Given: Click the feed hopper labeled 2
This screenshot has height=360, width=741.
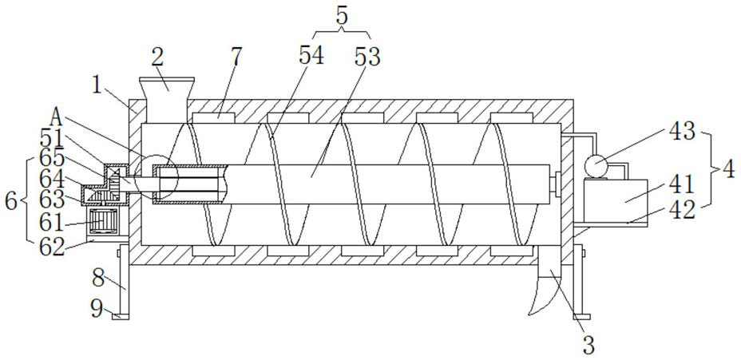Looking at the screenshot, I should coord(167,95).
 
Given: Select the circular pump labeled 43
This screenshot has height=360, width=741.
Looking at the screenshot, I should coord(596,165).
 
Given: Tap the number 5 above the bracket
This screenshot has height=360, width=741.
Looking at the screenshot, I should coord(343,14).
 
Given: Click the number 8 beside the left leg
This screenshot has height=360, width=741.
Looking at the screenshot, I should coord(97,279).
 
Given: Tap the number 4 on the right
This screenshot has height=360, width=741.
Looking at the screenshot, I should coord(728,170).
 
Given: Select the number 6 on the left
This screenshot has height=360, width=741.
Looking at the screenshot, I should coord(10,200).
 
